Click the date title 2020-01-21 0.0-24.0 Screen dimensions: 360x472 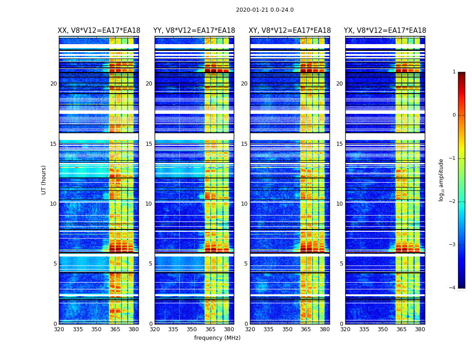pyautogui.click(x=265, y=10)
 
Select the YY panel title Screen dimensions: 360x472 pyautogui.click(x=194, y=31)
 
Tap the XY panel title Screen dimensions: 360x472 pyautogui.click(x=289, y=31)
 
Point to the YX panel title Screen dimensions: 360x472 pyautogui.click(x=385, y=31)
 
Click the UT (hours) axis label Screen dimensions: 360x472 pyautogui.click(x=44, y=180)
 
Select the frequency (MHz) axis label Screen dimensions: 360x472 pyautogui.click(x=217, y=338)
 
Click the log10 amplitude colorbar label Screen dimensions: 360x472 pyautogui.click(x=441, y=180)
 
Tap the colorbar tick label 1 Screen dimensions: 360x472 pyautogui.click(x=454, y=72)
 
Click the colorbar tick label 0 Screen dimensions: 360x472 pyautogui.click(x=454, y=115)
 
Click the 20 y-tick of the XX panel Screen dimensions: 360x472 pyautogui.click(x=53, y=84)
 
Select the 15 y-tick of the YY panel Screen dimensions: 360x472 pyautogui.click(x=149, y=144)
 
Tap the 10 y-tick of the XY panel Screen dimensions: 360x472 pyautogui.click(x=244, y=204)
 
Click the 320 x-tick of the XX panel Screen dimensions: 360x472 pyautogui.click(x=59, y=329)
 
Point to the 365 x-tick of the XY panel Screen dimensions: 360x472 pyautogui.click(x=306, y=329)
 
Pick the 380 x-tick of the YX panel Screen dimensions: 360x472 pyautogui.click(x=420, y=329)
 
